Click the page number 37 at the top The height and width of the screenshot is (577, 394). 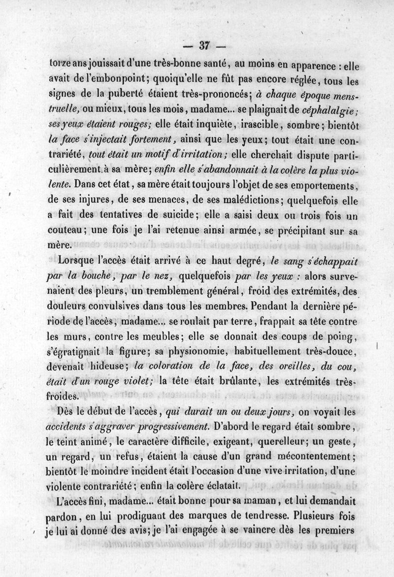tap(204, 46)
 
